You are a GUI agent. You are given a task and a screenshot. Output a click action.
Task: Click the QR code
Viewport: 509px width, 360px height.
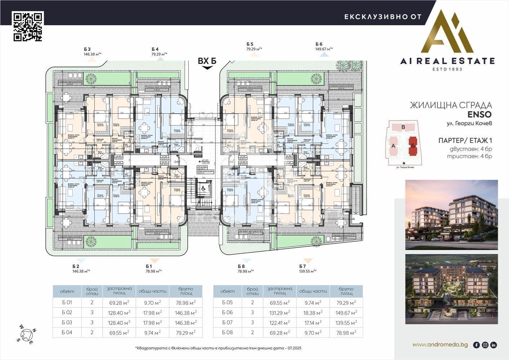[28, 26]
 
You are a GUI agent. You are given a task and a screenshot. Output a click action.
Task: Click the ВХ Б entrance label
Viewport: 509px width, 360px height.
[207, 61]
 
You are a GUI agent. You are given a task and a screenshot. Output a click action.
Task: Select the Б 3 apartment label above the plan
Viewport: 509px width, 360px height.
[87, 49]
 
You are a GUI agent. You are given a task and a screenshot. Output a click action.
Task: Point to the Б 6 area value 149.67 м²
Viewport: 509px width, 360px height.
[324, 49]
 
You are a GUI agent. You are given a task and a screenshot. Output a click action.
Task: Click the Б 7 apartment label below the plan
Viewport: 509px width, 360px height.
[303, 266]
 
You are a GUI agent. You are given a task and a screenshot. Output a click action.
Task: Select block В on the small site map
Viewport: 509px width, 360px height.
[403, 127]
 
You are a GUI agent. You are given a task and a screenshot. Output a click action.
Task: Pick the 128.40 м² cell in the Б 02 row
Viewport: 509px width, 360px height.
[119, 313]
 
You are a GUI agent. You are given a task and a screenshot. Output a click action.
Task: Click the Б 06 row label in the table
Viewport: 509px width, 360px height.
[228, 313]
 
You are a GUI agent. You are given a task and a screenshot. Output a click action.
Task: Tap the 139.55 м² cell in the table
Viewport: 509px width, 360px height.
[346, 323]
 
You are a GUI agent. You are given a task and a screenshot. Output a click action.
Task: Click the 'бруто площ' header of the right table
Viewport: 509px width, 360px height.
[346, 291]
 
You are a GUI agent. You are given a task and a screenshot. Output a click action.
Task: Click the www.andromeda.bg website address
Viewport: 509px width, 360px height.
[440, 345]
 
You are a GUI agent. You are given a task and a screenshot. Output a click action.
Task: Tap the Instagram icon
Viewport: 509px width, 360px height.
[485, 345]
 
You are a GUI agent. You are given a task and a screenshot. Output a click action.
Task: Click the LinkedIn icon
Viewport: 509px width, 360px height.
[494, 345]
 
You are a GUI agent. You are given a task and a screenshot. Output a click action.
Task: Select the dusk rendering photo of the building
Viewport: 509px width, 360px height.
[451, 215]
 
